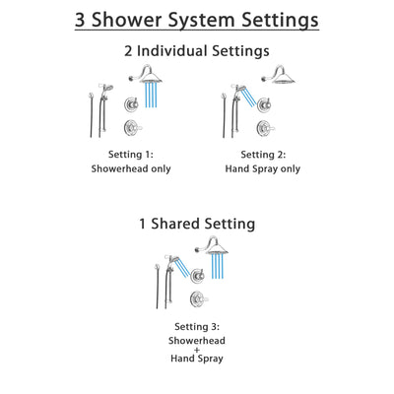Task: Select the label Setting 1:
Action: tap(131, 154)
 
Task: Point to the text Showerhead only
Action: tap(131, 168)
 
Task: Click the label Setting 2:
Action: tap(262, 154)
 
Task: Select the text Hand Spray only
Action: tap(262, 168)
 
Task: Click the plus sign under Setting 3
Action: tap(196, 351)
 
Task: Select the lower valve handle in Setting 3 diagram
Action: tap(198, 294)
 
